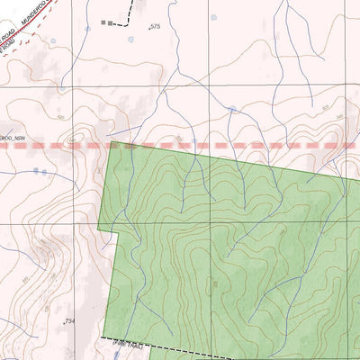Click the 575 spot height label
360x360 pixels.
(155, 28)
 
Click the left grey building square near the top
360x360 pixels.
(103, 21)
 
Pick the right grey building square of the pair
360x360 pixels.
(112, 22)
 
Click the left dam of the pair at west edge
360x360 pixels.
(35, 170)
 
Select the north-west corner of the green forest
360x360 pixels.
(111, 142)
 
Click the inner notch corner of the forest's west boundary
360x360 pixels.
(118, 233)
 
